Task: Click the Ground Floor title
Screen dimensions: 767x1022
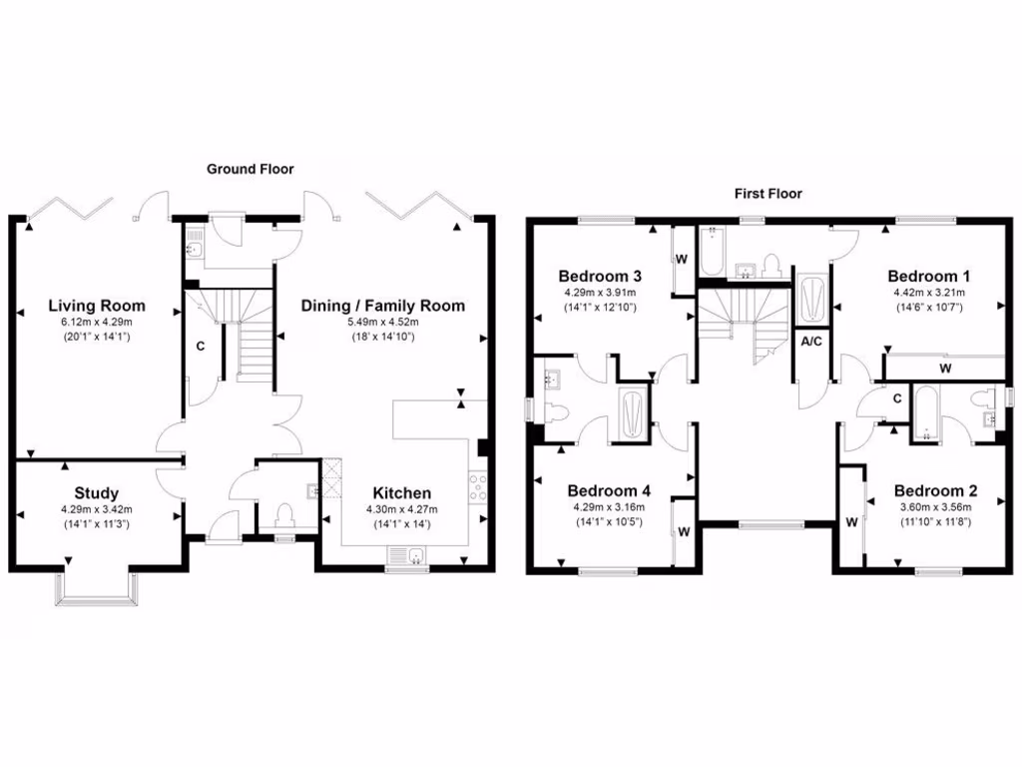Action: tap(250, 169)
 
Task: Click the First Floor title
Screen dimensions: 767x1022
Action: tap(768, 194)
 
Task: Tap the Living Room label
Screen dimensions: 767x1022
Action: tap(98, 306)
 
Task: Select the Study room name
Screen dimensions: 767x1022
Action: tap(96, 492)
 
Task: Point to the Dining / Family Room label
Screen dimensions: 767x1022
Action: tap(383, 306)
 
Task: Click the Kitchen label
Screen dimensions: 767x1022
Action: tap(402, 492)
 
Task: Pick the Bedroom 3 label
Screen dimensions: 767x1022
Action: tap(599, 276)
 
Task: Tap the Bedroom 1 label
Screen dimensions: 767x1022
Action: tap(931, 276)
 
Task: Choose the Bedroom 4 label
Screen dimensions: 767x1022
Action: tap(609, 490)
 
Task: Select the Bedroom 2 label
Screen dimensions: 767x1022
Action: tap(934, 490)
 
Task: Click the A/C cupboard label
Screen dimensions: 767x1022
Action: tap(811, 341)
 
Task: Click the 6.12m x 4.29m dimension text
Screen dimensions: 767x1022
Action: tap(98, 323)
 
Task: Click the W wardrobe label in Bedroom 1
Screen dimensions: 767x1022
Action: tap(943, 368)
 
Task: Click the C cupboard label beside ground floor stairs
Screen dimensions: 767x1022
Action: tap(200, 348)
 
